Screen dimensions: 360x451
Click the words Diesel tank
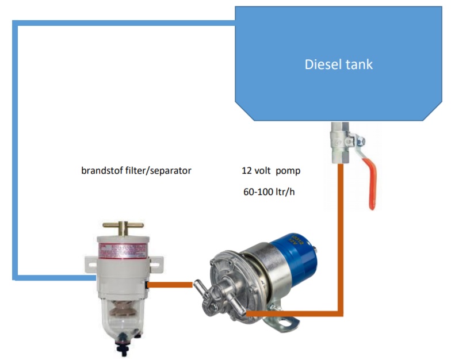pyautogui.click(x=338, y=64)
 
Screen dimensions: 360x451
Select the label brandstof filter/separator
pyautogui.click(x=136, y=171)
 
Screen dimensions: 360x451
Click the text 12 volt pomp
pyautogui.click(x=271, y=171)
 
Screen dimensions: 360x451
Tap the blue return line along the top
pyautogui.click(x=124, y=24)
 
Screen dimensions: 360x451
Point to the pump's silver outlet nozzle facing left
pyautogui.click(x=200, y=285)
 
